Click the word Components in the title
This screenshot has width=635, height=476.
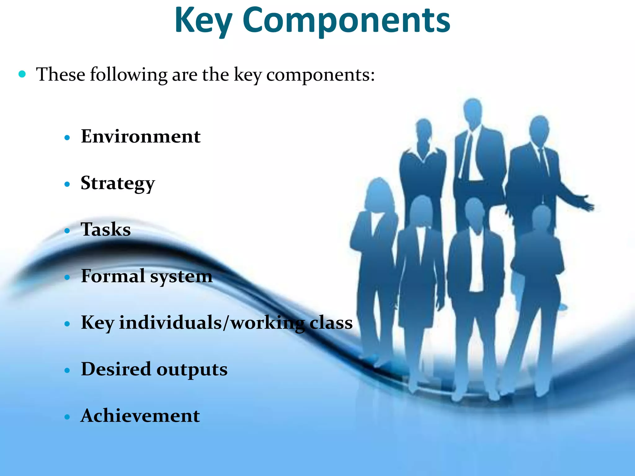(x=346, y=21)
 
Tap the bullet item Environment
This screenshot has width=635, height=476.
(x=140, y=136)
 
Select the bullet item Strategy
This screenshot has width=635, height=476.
(x=118, y=183)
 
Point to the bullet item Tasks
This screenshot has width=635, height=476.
(x=106, y=230)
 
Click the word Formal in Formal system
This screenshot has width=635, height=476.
(x=113, y=276)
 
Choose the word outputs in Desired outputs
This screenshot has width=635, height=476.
(x=192, y=369)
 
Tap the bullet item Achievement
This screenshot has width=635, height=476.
(x=140, y=416)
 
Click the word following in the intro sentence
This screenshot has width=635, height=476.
(x=128, y=75)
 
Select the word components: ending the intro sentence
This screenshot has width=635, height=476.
(x=320, y=75)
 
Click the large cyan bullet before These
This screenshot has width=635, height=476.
(x=22, y=74)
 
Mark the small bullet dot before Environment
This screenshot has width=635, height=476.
(x=67, y=138)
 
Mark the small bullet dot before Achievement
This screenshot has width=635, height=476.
(x=67, y=417)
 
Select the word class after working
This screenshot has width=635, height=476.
(x=331, y=323)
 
